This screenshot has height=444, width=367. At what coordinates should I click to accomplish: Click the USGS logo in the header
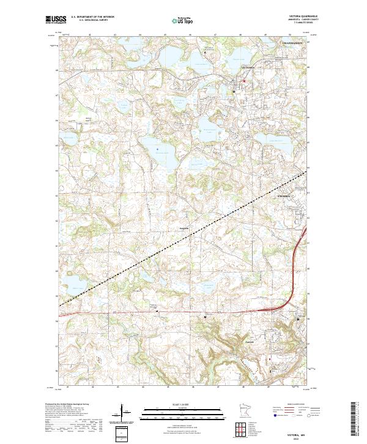[x=56, y=19]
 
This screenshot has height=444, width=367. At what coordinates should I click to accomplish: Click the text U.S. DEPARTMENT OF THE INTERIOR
[x=92, y=17]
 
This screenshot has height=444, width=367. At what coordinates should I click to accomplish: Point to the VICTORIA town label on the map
[x=248, y=66]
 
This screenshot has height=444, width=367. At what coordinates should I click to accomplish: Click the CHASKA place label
[x=286, y=196]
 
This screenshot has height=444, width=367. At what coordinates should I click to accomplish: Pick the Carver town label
[x=249, y=342]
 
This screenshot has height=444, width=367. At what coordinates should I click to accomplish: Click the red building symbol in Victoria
[x=243, y=81]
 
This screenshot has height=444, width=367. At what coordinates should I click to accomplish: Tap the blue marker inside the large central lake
[x=157, y=148]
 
